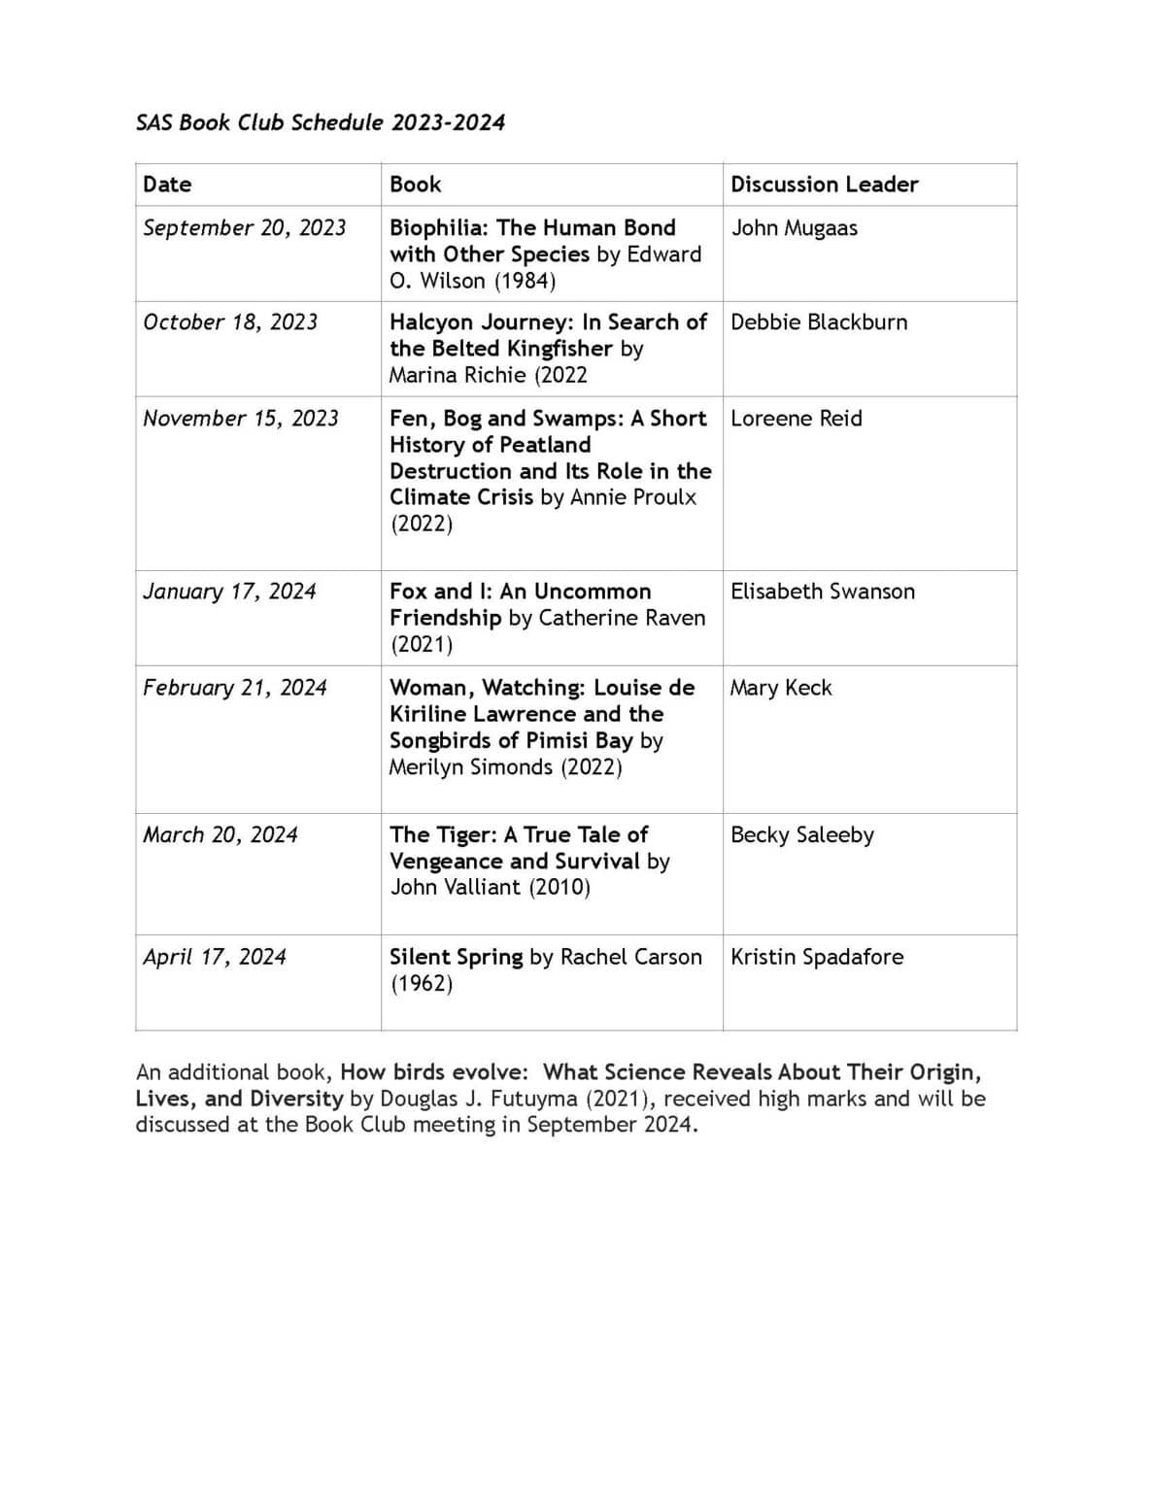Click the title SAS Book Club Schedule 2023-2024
pos(320,122)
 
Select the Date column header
pos(167,185)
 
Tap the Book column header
pos(415,185)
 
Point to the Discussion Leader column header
pos(824,185)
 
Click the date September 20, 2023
pos(244,227)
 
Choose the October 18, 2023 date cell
pos(230,322)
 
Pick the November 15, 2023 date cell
pos(241,419)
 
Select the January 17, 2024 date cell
pos(229,592)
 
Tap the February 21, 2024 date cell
pos(235,688)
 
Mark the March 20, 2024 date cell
pos(220,835)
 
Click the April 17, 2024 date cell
pos(215,957)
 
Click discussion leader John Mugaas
pos(794,228)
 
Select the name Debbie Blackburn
pos(819,322)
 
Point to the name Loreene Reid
pos(796,419)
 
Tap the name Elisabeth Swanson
pos(822,592)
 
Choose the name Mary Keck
pos(781,688)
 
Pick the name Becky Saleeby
pos(801,835)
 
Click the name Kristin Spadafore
pos(816,957)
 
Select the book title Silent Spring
pos(456,957)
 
